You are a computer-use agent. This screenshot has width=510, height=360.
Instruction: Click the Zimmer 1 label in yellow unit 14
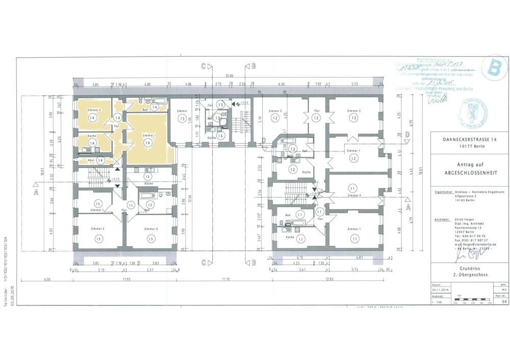(x=149, y=135)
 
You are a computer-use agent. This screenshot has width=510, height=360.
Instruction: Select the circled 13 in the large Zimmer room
(x=182, y=118)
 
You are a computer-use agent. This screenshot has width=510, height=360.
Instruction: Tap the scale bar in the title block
(x=468, y=301)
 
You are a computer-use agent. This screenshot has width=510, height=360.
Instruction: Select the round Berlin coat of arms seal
(x=472, y=114)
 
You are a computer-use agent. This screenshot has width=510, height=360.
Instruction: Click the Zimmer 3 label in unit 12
(x=275, y=111)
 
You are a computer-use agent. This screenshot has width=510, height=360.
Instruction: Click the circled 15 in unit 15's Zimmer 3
(x=150, y=238)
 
